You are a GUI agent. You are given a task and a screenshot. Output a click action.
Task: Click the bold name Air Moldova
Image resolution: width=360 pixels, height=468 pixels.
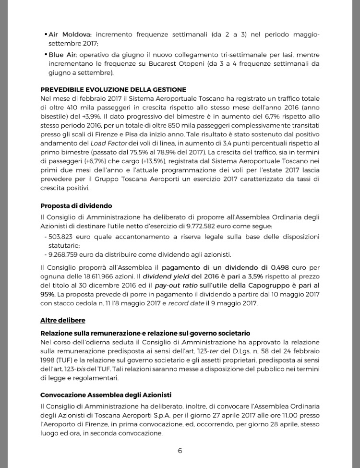(x=71, y=35)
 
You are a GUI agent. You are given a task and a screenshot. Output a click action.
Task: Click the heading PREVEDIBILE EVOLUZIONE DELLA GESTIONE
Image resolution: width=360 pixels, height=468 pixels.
(x=113, y=90)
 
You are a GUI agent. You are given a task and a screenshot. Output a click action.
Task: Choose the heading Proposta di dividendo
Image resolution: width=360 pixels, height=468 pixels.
(x=76, y=206)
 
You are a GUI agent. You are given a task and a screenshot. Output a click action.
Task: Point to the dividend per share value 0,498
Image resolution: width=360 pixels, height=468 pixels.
(x=270, y=267)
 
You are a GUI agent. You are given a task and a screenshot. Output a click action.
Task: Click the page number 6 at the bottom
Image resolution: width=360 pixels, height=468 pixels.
(x=180, y=451)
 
